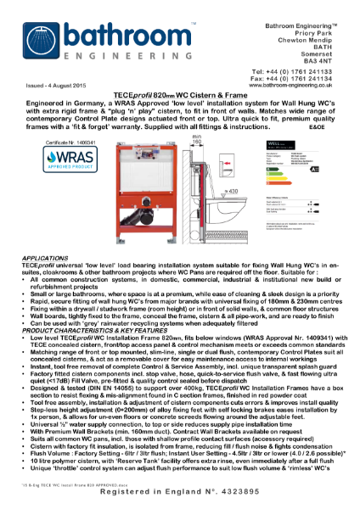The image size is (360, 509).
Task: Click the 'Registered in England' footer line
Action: (x=180, y=492)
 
